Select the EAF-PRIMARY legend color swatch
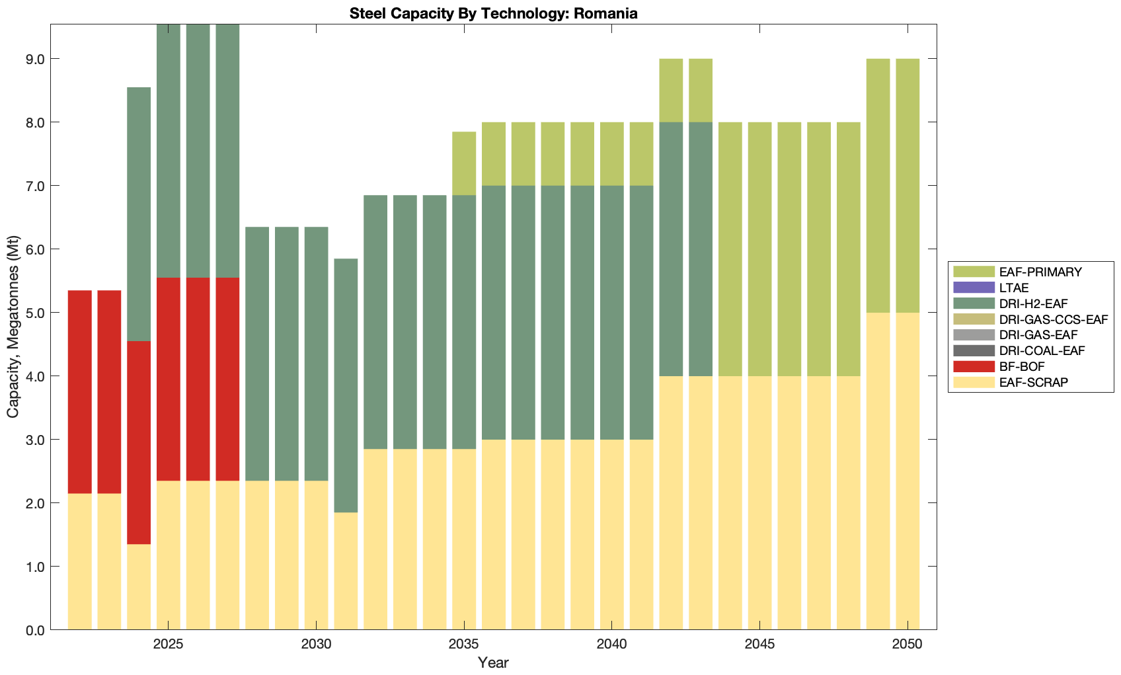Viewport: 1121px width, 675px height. [973, 272]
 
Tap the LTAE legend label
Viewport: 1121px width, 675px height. [1014, 288]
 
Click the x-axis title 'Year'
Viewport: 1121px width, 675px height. [493, 662]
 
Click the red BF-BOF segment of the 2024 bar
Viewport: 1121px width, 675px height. [139, 442]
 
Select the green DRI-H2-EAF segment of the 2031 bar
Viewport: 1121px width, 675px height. [346, 385]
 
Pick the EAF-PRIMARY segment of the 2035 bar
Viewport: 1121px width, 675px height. [464, 163]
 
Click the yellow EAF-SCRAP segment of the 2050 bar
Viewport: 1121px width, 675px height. [908, 471]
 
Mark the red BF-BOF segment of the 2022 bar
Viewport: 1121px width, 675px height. [79, 391]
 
